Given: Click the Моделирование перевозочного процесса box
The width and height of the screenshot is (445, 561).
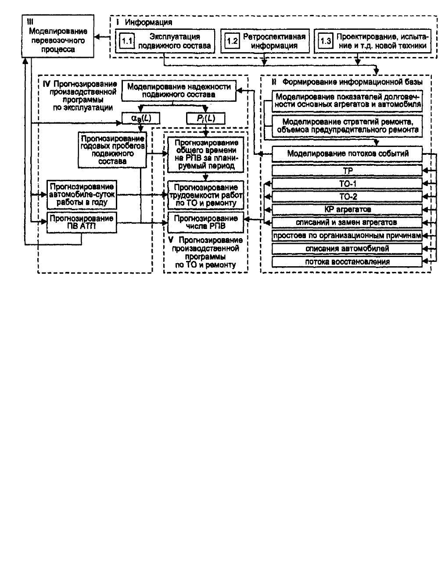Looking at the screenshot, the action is pyautogui.click(x=57, y=36).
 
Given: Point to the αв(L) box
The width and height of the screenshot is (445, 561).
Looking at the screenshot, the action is pyautogui.click(x=141, y=118).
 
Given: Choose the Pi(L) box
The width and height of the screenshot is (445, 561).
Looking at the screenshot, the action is pyautogui.click(x=206, y=118).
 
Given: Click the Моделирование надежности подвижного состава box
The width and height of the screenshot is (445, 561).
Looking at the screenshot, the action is pyautogui.click(x=179, y=91).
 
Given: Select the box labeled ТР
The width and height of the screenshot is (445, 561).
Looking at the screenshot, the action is pyautogui.click(x=347, y=171).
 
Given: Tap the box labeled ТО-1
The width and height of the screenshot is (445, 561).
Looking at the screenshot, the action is pyautogui.click(x=347, y=184).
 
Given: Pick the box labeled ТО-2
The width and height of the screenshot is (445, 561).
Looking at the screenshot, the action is pyautogui.click(x=347, y=197).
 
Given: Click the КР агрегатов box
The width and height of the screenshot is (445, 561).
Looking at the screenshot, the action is pyautogui.click(x=347, y=209).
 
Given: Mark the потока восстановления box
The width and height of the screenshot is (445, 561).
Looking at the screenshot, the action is pyautogui.click(x=347, y=262).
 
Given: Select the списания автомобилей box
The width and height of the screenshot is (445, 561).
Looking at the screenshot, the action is pyautogui.click(x=347, y=249).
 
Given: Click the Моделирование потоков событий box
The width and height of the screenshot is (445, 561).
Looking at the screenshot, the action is pyautogui.click(x=347, y=154).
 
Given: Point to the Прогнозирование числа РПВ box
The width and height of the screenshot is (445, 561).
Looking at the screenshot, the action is pyautogui.click(x=206, y=222).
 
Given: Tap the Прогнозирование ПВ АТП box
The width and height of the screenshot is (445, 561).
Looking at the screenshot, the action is pyautogui.click(x=82, y=222).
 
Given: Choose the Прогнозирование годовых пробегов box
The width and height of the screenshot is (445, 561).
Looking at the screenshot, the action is pyautogui.click(x=112, y=150).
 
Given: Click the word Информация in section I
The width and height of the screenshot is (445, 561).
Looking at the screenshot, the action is pyautogui.click(x=148, y=22).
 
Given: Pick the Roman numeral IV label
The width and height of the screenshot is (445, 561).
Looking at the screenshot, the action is pyautogui.click(x=47, y=84).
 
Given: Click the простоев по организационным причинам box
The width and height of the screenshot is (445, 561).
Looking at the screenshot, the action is pyautogui.click(x=347, y=236).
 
